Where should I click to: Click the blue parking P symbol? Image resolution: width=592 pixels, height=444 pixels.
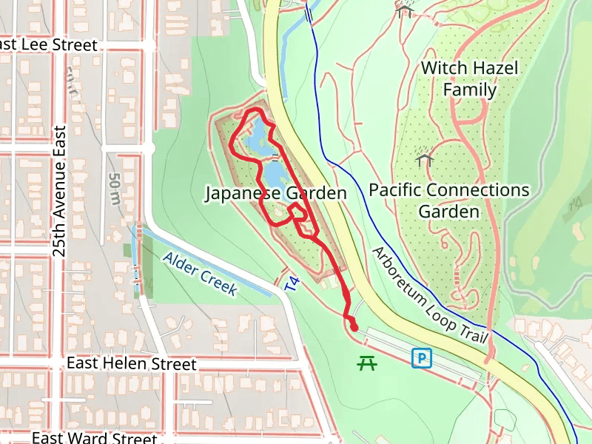click(421, 359)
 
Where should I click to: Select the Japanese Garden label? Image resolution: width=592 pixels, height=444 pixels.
click(275, 194)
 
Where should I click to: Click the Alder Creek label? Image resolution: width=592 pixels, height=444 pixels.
click(200, 274)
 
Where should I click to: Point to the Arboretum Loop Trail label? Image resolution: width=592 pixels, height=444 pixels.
click(430, 295)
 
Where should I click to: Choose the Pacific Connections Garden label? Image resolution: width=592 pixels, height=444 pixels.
click(449, 201)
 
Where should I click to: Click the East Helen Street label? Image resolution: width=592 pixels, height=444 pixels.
click(132, 364)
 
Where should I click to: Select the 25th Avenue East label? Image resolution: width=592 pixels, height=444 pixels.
click(60, 191)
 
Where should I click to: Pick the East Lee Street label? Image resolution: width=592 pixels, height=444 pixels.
click(49, 45)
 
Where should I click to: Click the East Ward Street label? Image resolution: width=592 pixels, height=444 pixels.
click(94, 437)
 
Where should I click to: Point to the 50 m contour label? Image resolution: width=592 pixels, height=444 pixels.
click(114, 189)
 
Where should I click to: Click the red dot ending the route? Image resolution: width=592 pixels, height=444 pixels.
click(354, 327)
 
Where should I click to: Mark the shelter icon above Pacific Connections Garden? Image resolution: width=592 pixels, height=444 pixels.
click(424, 158)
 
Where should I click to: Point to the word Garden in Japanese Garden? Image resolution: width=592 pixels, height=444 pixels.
click(316, 194)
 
